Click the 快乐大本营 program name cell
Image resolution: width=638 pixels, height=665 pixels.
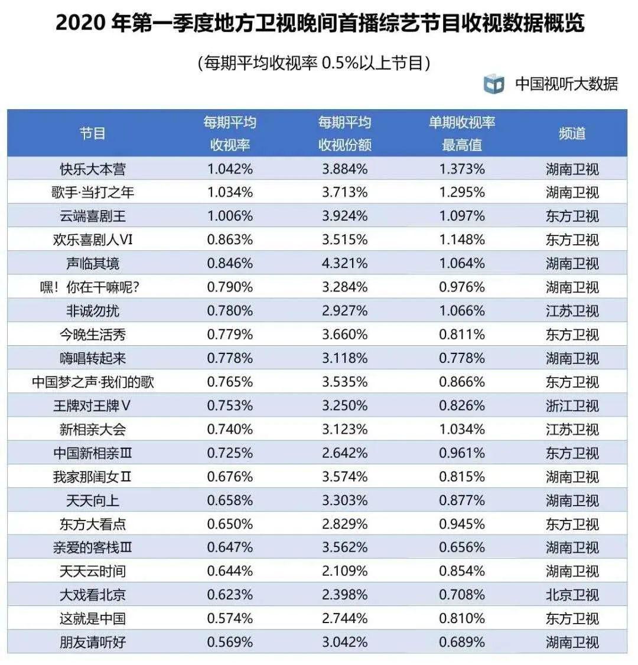[93, 169]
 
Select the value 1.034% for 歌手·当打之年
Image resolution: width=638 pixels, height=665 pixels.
[230, 192]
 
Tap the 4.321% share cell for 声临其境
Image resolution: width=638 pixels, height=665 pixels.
[345, 264]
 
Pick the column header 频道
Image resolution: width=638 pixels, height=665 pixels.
[572, 133]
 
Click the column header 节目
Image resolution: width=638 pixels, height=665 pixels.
[93, 133]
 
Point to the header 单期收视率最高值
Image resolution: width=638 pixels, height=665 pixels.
[462, 133]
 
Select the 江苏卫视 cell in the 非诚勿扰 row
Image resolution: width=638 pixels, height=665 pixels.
[572, 311]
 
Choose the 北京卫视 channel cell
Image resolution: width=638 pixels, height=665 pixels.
[572, 595]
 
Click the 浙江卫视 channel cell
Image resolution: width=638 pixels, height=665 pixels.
[572, 406]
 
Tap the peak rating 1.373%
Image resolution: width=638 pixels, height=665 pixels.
[462, 169]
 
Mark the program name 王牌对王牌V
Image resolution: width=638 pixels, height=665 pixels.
[93, 406]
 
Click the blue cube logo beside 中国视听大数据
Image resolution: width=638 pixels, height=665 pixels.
[494, 84]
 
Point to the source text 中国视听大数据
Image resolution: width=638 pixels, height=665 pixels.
[567, 84]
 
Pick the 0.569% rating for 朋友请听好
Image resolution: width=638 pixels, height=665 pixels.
[230, 642]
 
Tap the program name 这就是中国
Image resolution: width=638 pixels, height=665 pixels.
[93, 618]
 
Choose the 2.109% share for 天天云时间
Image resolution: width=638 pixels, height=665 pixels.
[345, 571]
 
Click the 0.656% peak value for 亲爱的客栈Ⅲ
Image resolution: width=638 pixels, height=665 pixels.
[462, 548]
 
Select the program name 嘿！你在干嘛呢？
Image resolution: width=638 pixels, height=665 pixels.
[93, 287]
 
